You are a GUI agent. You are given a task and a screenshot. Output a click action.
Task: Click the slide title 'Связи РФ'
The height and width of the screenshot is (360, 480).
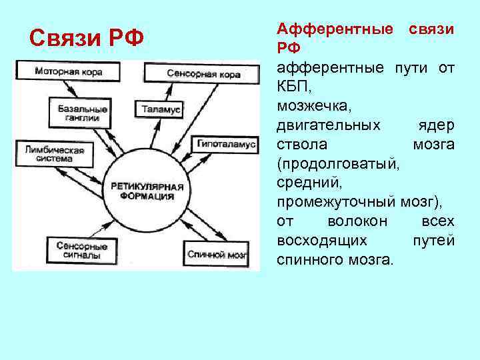[x=87, y=37]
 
